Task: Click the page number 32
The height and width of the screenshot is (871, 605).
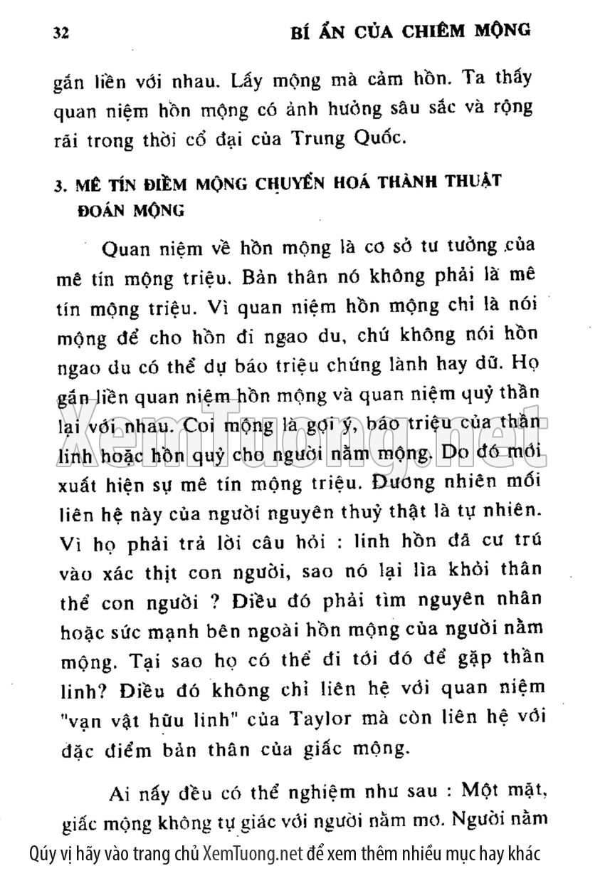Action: (62, 33)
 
